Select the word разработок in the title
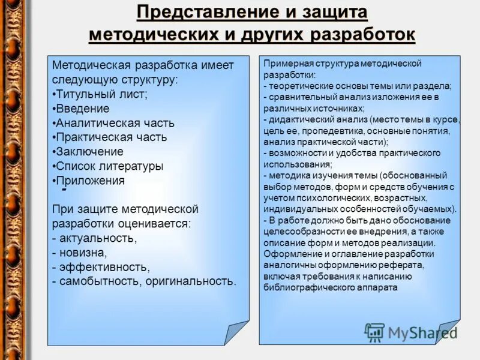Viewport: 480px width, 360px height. click(x=362, y=35)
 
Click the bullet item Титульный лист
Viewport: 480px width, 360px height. click(x=101, y=94)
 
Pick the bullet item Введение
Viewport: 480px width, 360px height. click(x=82, y=109)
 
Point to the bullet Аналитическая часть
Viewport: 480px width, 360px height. click(x=115, y=123)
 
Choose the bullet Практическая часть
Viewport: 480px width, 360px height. click(x=110, y=137)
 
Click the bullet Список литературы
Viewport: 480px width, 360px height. click(x=109, y=166)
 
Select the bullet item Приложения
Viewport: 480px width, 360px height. click(x=89, y=181)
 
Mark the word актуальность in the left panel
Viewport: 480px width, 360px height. click(x=97, y=238)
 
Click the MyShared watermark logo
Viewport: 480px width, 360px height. click(x=411, y=332)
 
